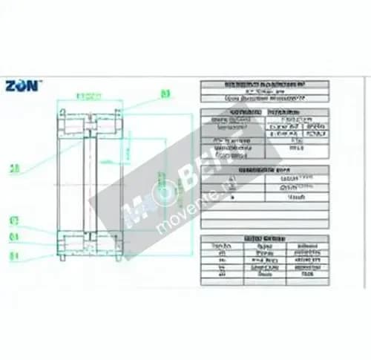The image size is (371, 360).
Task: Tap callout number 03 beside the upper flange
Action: (x=165, y=94)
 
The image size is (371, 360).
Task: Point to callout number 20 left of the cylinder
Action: (x=14, y=168)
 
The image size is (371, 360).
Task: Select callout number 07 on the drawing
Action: (x=14, y=220)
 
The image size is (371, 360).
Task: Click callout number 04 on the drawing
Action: (x=14, y=238)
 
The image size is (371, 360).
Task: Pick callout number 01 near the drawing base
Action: (x=14, y=257)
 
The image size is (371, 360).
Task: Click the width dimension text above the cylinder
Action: (x=91, y=94)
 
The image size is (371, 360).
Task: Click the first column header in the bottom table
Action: (x=219, y=245)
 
